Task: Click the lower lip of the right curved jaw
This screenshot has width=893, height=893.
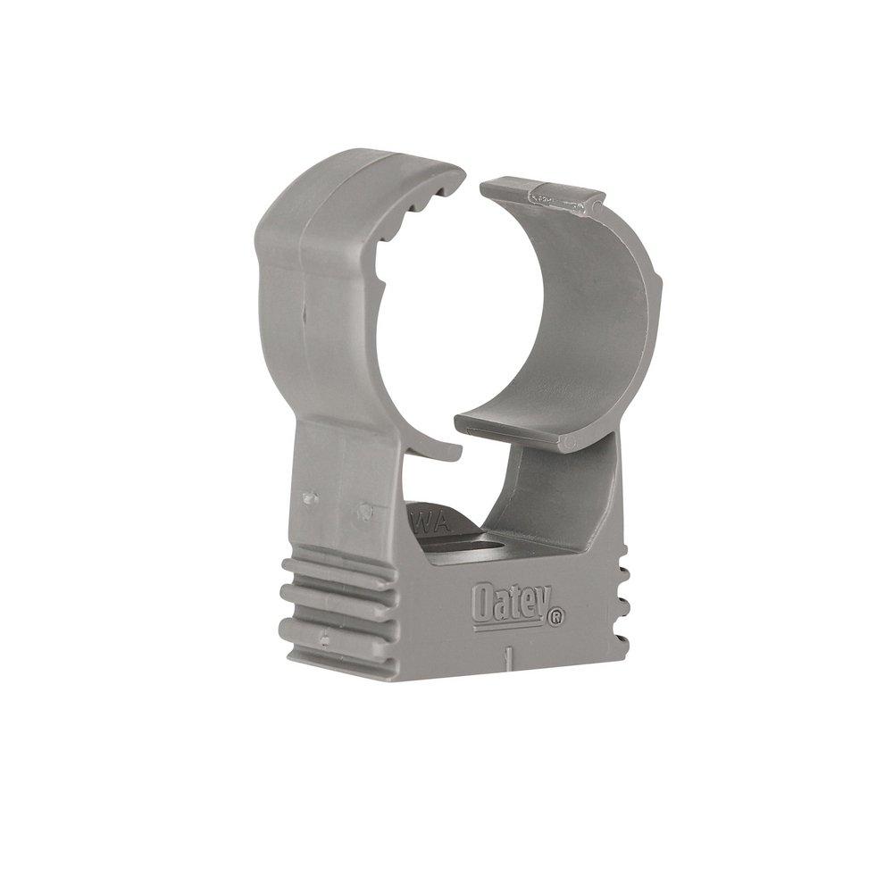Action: [x=509, y=429]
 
